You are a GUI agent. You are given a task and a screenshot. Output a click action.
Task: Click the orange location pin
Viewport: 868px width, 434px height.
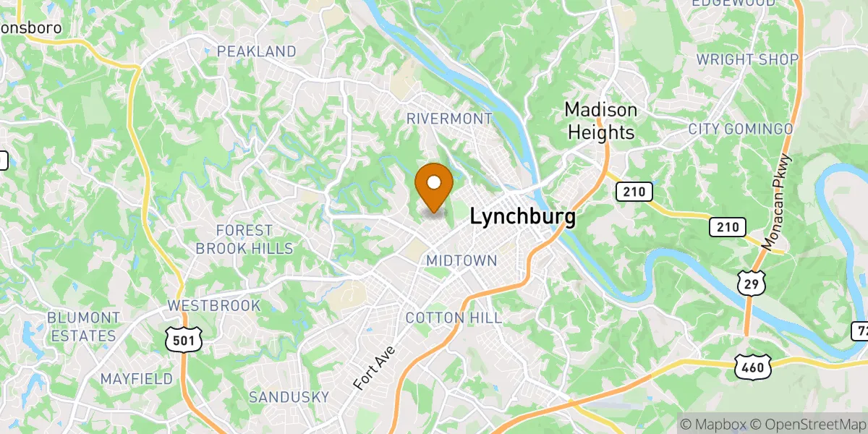click(434, 186)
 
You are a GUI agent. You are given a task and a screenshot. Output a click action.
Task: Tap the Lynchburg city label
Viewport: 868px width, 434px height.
click(523, 217)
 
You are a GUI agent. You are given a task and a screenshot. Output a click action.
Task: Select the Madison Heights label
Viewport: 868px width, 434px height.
click(601, 122)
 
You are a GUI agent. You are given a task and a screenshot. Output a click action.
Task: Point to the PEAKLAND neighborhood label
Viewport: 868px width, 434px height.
click(257, 51)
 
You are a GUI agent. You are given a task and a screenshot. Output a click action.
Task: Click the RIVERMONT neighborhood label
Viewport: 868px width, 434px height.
click(449, 118)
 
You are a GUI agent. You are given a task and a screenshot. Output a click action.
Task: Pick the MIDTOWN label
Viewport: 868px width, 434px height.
click(461, 260)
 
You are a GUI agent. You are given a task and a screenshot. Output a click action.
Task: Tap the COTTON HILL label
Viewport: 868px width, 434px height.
click(454, 318)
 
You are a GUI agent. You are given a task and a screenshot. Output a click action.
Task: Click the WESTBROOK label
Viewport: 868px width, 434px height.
click(213, 305)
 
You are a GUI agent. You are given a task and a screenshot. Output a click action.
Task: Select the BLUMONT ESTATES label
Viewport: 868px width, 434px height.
click(83, 327)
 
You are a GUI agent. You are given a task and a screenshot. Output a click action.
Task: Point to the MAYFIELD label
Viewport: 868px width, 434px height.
click(137, 378)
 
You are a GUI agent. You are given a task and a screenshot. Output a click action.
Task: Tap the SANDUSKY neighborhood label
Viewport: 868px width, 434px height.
click(289, 396)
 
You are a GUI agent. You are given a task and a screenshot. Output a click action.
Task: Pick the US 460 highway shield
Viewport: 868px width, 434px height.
click(752, 367)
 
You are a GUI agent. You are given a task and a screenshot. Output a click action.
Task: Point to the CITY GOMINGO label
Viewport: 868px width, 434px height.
click(741, 129)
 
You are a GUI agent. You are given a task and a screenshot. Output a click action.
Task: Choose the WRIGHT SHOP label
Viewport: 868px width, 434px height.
click(747, 59)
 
